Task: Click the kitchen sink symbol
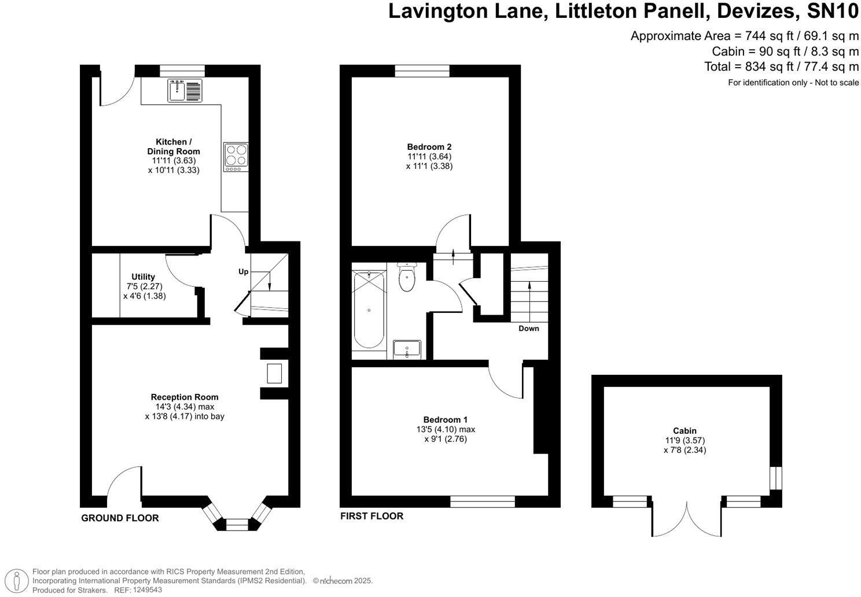point(185,90)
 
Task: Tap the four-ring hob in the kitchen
point(236,155)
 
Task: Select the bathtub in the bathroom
point(369,310)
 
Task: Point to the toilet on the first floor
point(407,278)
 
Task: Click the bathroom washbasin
point(407,349)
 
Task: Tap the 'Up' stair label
point(244,271)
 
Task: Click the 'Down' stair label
point(528,329)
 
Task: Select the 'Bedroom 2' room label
point(429,147)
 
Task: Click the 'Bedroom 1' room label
point(446,419)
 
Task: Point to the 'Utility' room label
point(143,277)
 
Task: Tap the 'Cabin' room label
point(685,430)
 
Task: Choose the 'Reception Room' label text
point(185,397)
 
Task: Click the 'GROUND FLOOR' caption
point(120,518)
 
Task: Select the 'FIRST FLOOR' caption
point(371,516)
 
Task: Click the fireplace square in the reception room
point(274,373)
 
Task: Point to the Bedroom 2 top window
point(422,71)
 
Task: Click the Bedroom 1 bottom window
point(483,502)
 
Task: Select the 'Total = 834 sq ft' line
point(781,67)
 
